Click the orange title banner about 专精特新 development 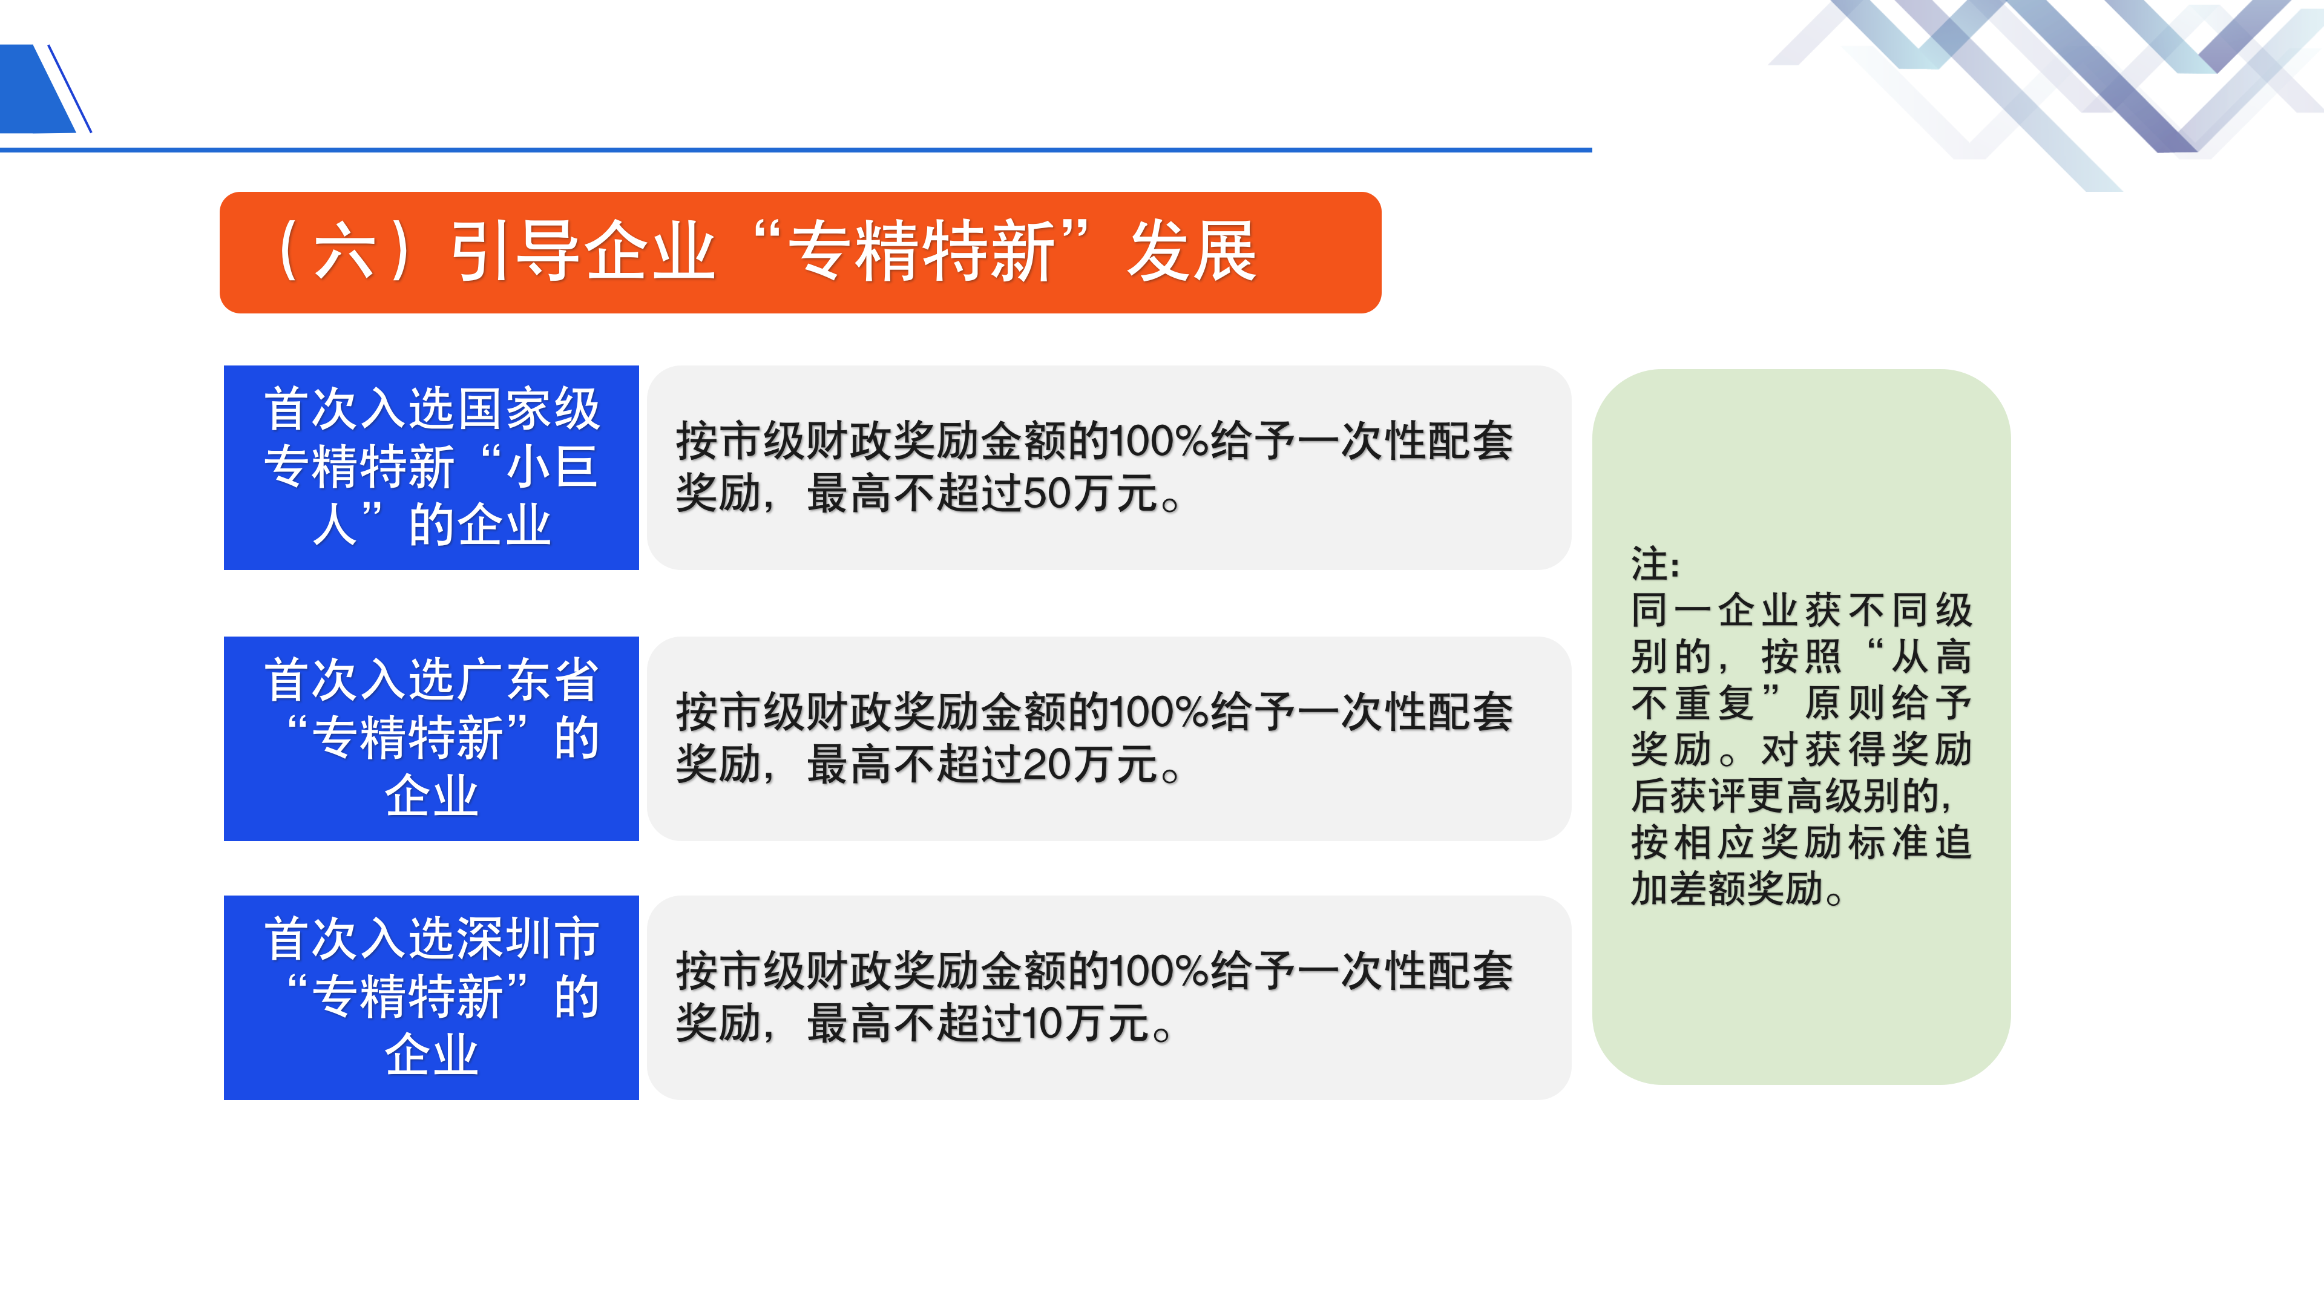pyautogui.click(x=800, y=252)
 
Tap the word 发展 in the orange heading pyautogui.click(x=1192, y=252)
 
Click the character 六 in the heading pyautogui.click(x=344, y=252)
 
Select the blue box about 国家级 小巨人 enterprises pyautogui.click(x=432, y=467)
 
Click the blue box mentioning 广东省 pyautogui.click(x=432, y=739)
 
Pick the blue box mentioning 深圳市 pyautogui.click(x=432, y=998)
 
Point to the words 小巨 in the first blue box pyautogui.click(x=552, y=467)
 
